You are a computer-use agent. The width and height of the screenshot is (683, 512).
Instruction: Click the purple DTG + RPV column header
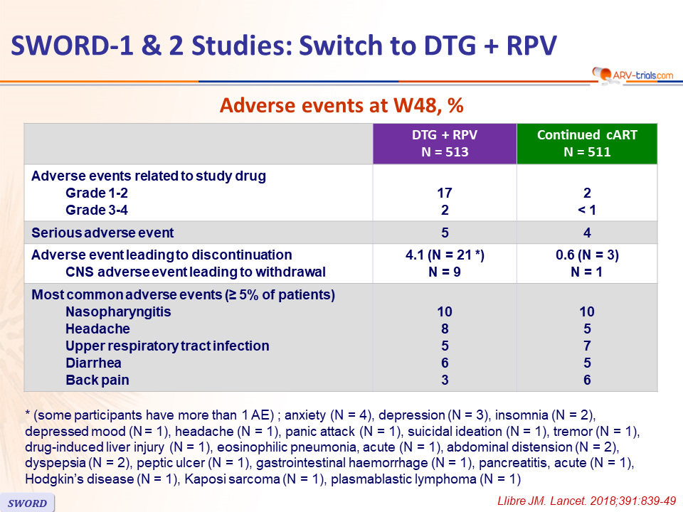click(445, 144)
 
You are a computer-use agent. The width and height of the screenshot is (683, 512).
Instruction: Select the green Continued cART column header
click(587, 144)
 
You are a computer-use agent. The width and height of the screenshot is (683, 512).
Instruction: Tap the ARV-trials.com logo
click(633, 75)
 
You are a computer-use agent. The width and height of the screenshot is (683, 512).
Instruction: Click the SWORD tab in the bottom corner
click(27, 503)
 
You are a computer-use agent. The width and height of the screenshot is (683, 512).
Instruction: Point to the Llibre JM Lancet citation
click(586, 501)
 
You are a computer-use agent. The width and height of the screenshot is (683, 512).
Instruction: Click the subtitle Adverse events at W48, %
click(341, 105)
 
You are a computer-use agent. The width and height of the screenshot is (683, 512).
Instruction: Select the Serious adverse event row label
click(102, 233)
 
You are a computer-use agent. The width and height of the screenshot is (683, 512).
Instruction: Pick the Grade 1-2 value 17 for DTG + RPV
click(445, 193)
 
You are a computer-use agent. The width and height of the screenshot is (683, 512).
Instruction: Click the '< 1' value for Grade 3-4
click(587, 210)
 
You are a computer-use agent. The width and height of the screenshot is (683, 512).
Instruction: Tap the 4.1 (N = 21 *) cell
click(445, 255)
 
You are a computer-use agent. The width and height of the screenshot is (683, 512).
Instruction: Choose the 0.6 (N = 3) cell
click(587, 255)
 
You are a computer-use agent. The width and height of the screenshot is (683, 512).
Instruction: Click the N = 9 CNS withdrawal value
click(445, 272)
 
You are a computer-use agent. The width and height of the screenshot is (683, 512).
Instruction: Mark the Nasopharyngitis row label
click(118, 311)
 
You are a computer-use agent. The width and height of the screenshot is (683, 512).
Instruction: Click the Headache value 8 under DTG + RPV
click(445, 329)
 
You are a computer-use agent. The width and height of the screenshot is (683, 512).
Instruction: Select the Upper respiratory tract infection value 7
click(587, 346)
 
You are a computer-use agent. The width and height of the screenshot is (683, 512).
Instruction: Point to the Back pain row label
click(97, 380)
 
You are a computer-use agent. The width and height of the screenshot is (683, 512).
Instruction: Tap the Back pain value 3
click(445, 380)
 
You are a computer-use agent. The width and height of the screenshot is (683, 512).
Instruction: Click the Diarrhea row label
click(93, 363)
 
